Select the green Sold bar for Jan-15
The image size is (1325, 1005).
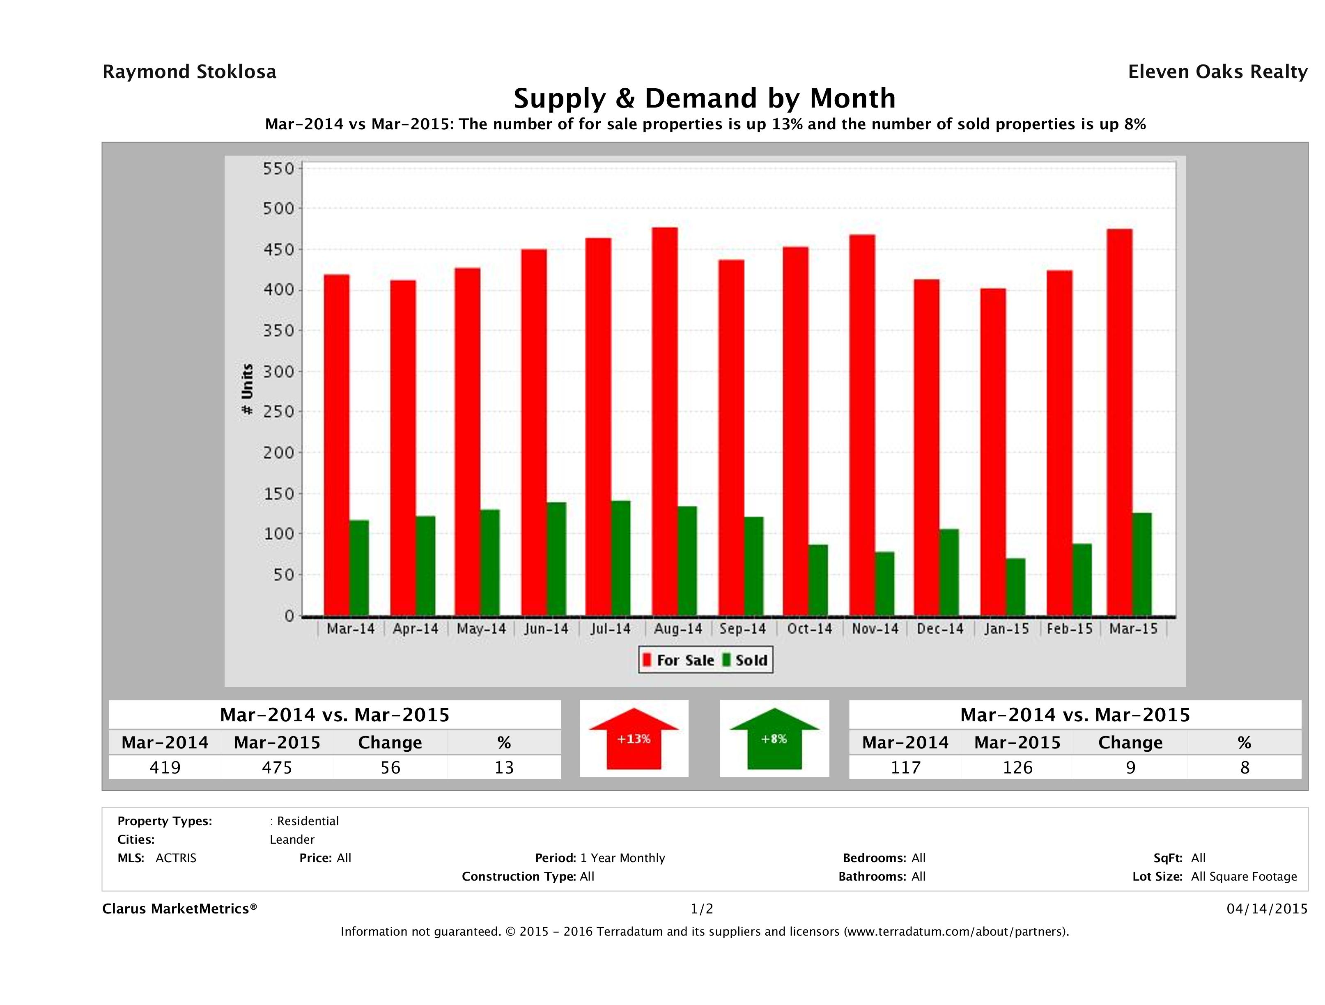click(1015, 587)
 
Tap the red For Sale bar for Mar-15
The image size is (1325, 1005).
click(1119, 422)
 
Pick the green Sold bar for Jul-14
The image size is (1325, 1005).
click(620, 558)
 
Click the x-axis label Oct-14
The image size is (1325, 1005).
click(809, 629)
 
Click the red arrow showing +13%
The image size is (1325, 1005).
click(634, 739)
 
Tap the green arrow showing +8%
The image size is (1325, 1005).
click(774, 739)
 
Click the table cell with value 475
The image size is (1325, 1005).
click(277, 767)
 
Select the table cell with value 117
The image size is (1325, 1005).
click(905, 767)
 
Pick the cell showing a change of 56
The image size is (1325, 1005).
click(390, 767)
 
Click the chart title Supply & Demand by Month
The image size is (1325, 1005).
click(705, 98)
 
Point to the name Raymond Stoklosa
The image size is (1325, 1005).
click(189, 72)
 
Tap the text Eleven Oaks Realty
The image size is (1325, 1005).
click(1217, 72)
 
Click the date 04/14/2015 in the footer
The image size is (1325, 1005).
click(1267, 909)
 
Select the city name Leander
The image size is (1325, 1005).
click(292, 839)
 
